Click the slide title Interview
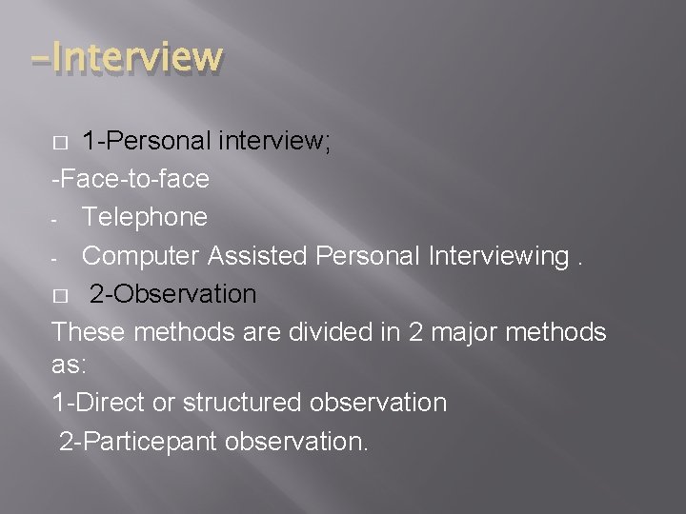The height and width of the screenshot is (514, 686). [126, 57]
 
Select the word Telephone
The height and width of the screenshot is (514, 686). [144, 217]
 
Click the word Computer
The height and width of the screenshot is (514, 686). [139, 256]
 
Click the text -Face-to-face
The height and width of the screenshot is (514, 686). [131, 178]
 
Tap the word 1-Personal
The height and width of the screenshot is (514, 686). [147, 141]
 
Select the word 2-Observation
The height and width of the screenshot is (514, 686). [173, 294]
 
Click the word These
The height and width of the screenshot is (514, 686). [90, 332]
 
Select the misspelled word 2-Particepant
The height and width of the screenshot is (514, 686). [138, 442]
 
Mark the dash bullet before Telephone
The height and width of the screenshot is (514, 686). [56, 219]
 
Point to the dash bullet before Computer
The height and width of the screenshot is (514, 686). [56, 258]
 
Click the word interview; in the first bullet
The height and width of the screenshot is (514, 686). [274, 141]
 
